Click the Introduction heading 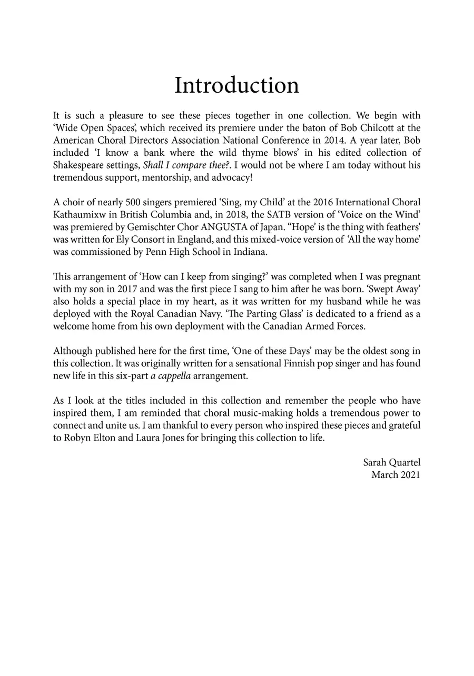coord(236,85)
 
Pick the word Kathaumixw coord(78,214)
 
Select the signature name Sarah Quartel coord(391,463)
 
